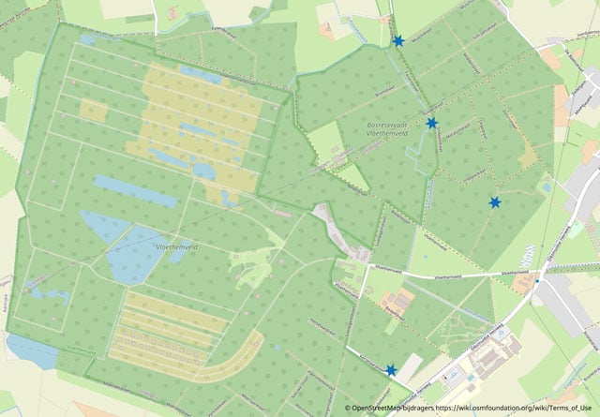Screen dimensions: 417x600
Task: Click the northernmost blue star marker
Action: pyautogui.click(x=398, y=41)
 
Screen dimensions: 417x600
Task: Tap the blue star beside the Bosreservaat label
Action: pyautogui.click(x=431, y=123)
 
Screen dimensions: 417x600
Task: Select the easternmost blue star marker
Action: pyautogui.click(x=494, y=202)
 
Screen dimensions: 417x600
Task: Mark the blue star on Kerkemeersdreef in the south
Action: pyautogui.click(x=390, y=370)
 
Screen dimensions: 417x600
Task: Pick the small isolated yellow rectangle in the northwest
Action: pyautogui.click(x=94, y=111)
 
